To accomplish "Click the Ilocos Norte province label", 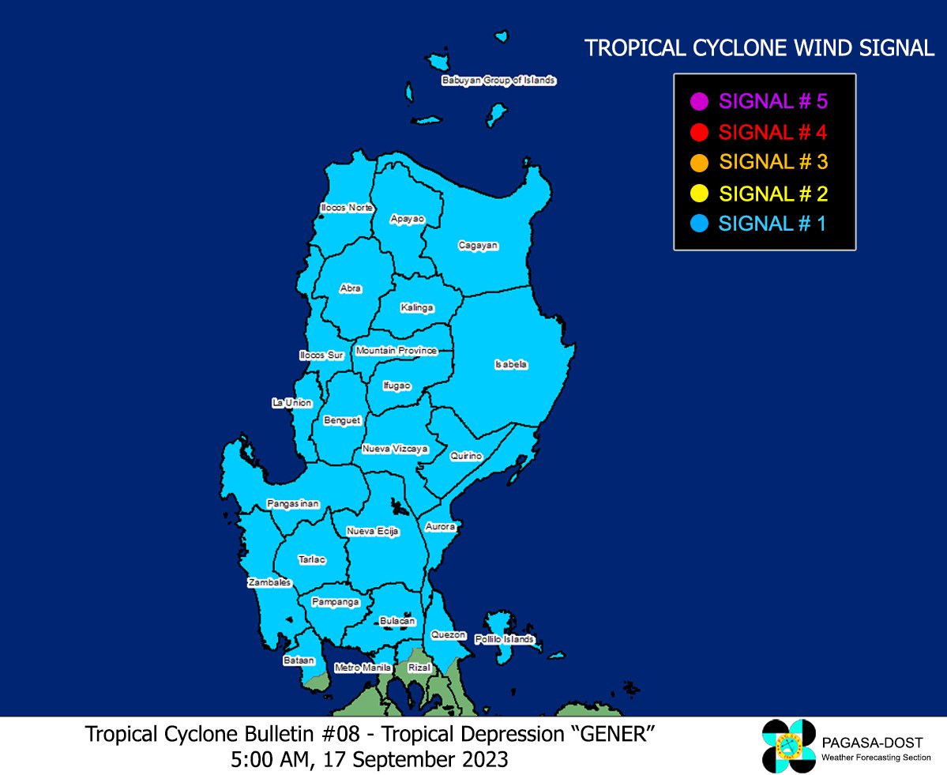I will pyautogui.click(x=346, y=208).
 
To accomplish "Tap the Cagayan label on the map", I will pyautogui.click(x=478, y=246).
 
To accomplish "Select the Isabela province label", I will pyautogui.click(x=510, y=364).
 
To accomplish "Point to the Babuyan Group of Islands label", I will pyautogui.click(x=499, y=81).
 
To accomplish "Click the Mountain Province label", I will pyautogui.click(x=396, y=351).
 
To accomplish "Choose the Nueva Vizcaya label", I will pyautogui.click(x=395, y=449).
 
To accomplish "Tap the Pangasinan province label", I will pyautogui.click(x=292, y=503).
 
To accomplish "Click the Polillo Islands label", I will pyautogui.click(x=505, y=639).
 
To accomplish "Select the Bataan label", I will pyautogui.click(x=299, y=660).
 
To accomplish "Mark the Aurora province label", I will pyautogui.click(x=440, y=526).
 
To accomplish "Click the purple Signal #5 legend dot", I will pyautogui.click(x=698, y=101).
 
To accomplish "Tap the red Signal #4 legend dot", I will pyautogui.click(x=698, y=132).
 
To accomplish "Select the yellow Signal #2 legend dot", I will pyautogui.click(x=698, y=194).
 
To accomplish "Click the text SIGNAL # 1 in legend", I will pyautogui.click(x=772, y=224).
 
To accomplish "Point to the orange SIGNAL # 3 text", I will pyautogui.click(x=772, y=163).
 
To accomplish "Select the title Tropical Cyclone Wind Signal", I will pyautogui.click(x=759, y=49).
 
